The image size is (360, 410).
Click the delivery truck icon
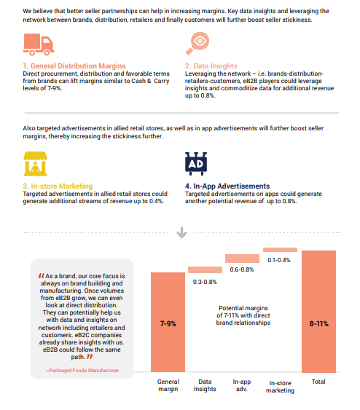[x=39, y=44]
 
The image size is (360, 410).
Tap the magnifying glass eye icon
[x=197, y=44]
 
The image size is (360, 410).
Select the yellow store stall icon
[x=35, y=164]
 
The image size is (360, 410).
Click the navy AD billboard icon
[x=196, y=164]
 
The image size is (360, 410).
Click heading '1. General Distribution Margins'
[x=74, y=66]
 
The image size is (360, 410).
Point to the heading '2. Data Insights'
[x=211, y=66]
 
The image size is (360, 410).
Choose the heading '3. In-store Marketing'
[x=58, y=186]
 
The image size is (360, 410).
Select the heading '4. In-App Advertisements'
[x=227, y=186]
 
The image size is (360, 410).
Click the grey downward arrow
[x=181, y=232]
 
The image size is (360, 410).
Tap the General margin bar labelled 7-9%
[x=168, y=322]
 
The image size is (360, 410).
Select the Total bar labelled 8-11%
[x=318, y=312]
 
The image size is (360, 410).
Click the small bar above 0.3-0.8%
[x=205, y=270]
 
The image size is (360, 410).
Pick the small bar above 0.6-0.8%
[x=242, y=259]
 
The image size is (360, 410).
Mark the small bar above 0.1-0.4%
[x=281, y=250]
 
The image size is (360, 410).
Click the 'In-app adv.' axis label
[x=242, y=385]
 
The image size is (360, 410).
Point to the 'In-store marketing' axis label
[x=281, y=387]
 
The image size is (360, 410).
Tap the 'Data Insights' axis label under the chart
[x=205, y=385]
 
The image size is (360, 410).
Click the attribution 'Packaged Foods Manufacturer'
[x=82, y=370]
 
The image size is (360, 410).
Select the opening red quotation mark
[x=41, y=275]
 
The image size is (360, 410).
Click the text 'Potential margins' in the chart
[x=243, y=308]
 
